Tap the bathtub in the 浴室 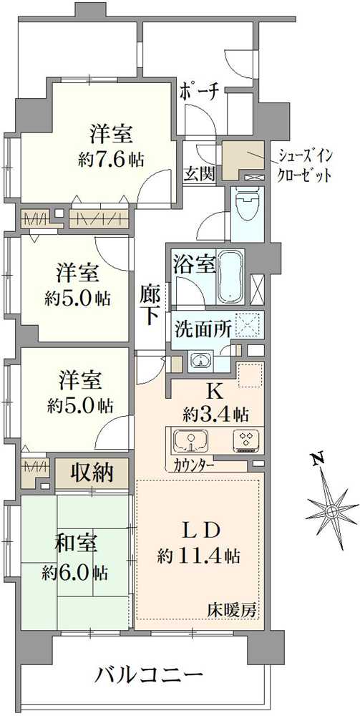231,277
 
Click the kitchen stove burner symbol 245,440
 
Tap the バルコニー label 150,675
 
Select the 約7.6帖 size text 110,159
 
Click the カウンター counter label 193,464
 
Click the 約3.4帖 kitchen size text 215,413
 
